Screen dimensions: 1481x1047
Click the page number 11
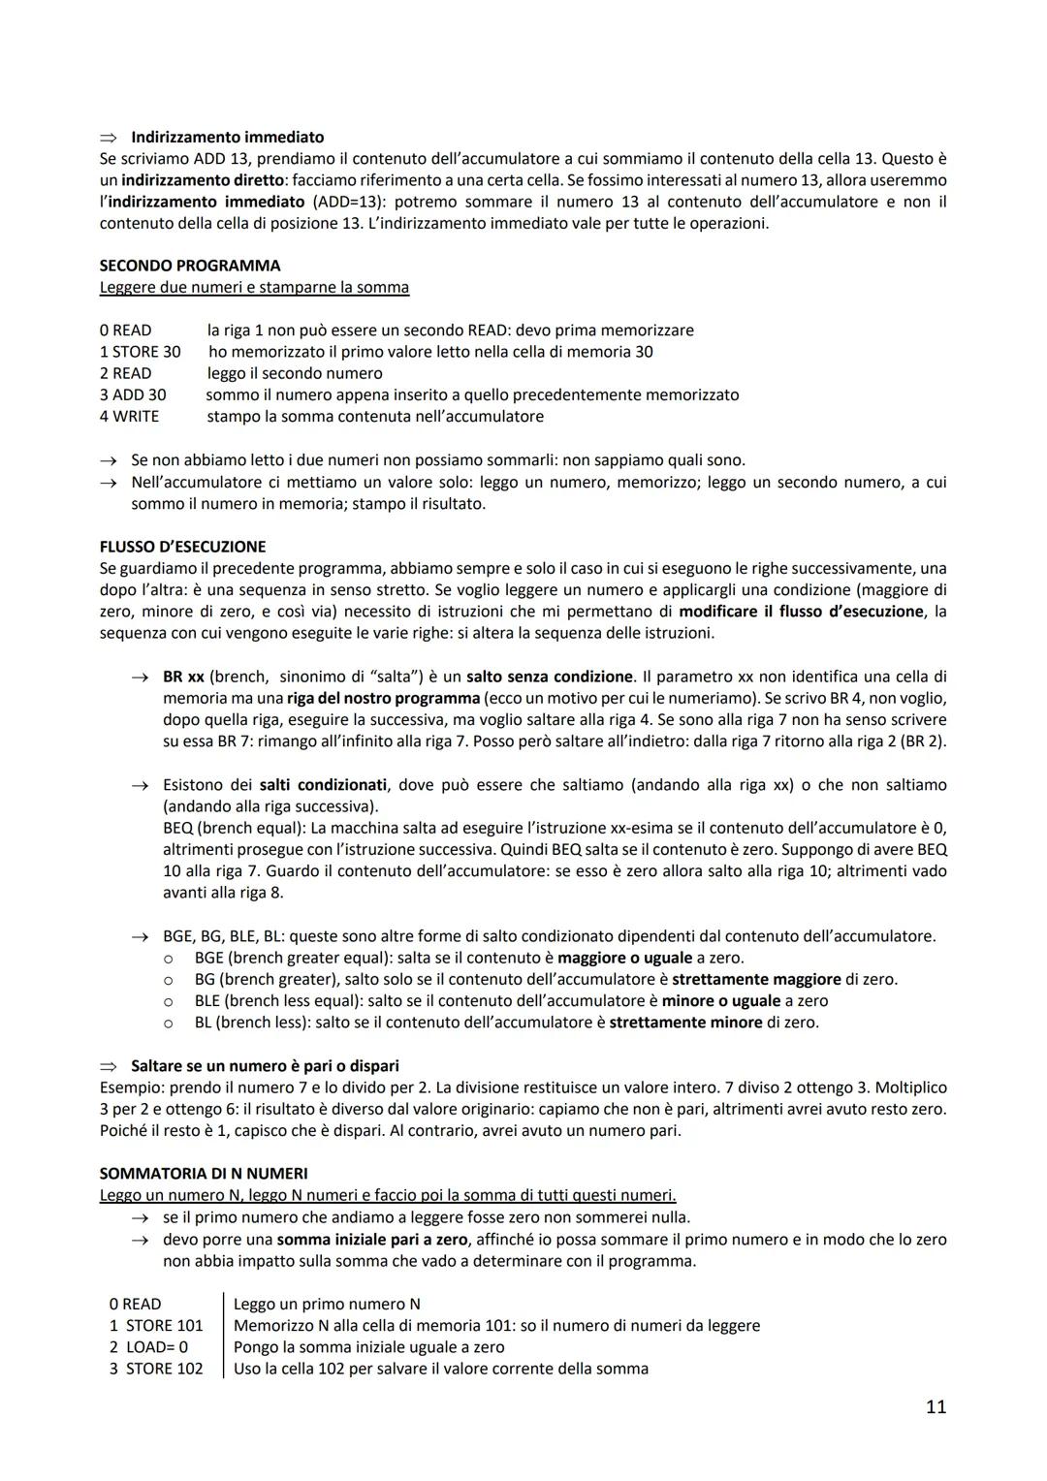coord(935,1406)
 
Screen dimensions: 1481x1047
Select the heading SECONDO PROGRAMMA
coord(190,266)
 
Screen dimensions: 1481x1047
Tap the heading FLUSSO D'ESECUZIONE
coord(182,547)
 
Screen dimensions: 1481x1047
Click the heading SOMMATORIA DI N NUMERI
coord(204,1174)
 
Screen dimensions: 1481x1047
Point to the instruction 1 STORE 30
coord(140,352)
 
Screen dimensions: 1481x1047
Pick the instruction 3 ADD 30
coord(133,394)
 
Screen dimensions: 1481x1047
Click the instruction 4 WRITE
coord(129,417)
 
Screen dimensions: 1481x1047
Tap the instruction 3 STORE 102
coord(156,1369)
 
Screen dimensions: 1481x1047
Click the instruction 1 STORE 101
coord(156,1326)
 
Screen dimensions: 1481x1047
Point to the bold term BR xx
coord(183,677)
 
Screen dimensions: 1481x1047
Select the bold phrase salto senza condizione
coord(550,677)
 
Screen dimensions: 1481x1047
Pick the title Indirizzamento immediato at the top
coord(227,138)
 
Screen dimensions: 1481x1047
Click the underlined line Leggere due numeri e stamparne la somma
coord(254,288)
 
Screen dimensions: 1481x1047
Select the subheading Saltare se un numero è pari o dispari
coord(265,1066)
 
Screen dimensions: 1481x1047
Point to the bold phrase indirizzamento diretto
coord(203,180)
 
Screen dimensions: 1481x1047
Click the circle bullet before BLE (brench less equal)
coord(169,1001)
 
